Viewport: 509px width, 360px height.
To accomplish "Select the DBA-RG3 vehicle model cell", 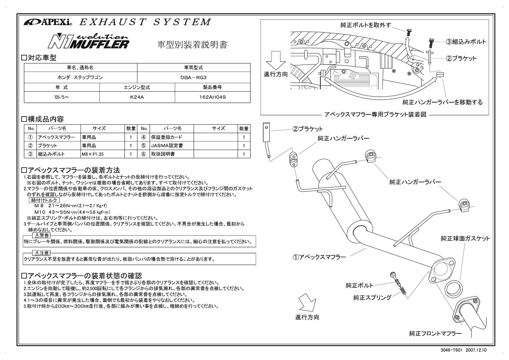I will click(193, 77).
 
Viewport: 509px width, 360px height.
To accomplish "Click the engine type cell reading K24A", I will click(137, 97).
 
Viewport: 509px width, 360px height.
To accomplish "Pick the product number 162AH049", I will click(213, 97).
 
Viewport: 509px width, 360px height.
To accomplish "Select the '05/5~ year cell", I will click(62, 97).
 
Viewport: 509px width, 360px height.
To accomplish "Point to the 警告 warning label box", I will click(42, 236).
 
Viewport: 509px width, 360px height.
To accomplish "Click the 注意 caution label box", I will click(42, 253).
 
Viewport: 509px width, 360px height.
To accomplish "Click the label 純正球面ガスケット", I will click(465, 238).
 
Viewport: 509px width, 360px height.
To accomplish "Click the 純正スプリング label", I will click(372, 298).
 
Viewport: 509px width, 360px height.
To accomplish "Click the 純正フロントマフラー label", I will click(435, 334).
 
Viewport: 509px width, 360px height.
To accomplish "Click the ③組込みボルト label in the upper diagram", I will click(466, 42).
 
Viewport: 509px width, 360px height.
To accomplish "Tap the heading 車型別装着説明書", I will click(192, 45).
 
